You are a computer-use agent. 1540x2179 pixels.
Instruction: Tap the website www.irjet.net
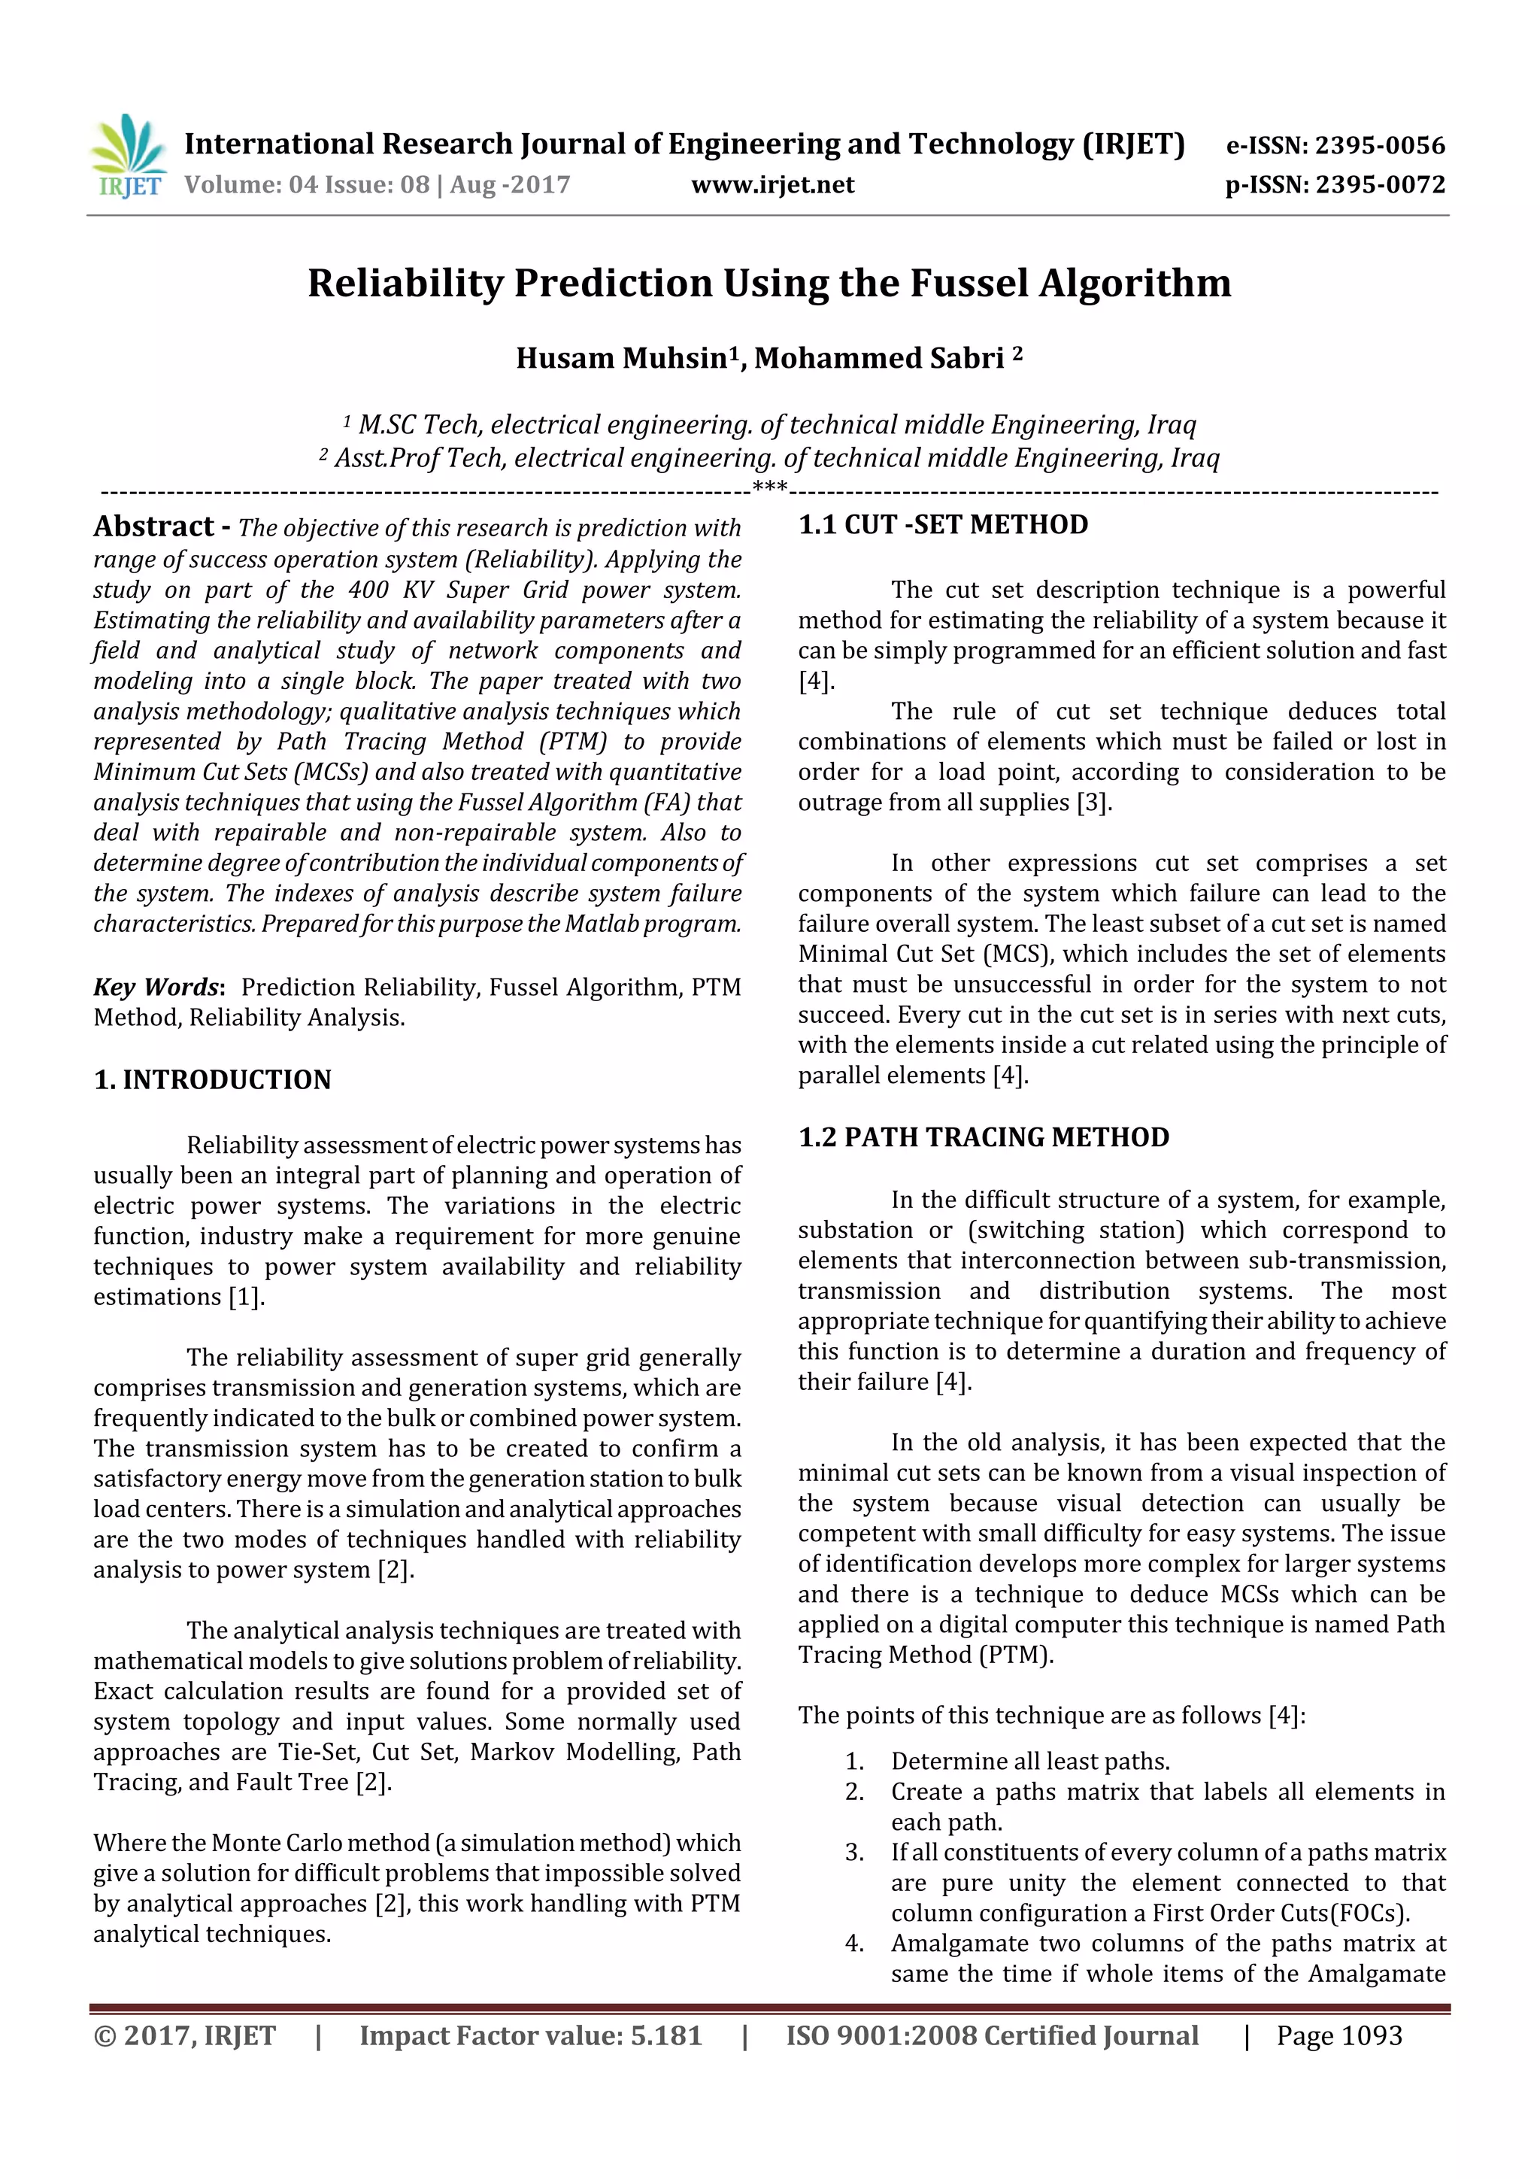pyautogui.click(x=772, y=185)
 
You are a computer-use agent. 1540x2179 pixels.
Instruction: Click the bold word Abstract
pyautogui.click(x=153, y=526)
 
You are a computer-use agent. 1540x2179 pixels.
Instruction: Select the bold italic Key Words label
pyautogui.click(x=157, y=987)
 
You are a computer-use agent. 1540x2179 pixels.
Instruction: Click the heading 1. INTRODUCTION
pyautogui.click(x=213, y=1080)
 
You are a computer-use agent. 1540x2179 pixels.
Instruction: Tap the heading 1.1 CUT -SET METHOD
pyautogui.click(x=943, y=525)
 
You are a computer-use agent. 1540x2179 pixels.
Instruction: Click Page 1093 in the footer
pyautogui.click(x=1338, y=2055)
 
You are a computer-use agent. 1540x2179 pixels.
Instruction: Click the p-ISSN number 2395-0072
pyautogui.click(x=1380, y=185)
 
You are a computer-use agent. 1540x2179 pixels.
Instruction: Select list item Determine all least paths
pyautogui.click(x=1029, y=1762)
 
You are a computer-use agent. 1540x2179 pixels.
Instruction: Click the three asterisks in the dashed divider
pyautogui.click(x=769, y=489)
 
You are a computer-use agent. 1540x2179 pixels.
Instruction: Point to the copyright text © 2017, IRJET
pyautogui.click(x=185, y=2055)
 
